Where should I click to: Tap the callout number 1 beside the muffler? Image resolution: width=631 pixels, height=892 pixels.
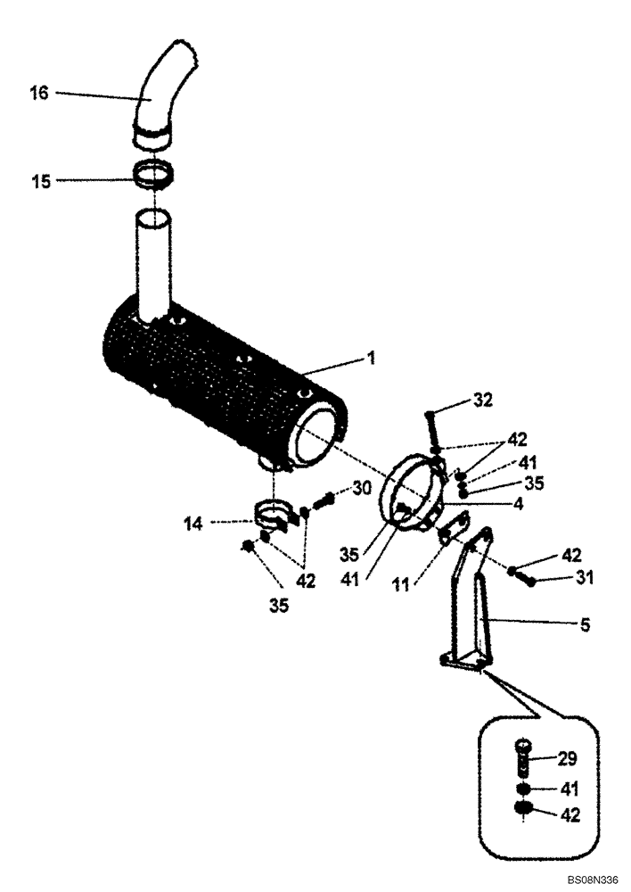[373, 359]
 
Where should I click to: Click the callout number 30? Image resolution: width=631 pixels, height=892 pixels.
[362, 487]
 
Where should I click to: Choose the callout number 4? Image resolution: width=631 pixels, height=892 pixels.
[517, 503]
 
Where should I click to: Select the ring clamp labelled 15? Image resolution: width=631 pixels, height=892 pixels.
[155, 174]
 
